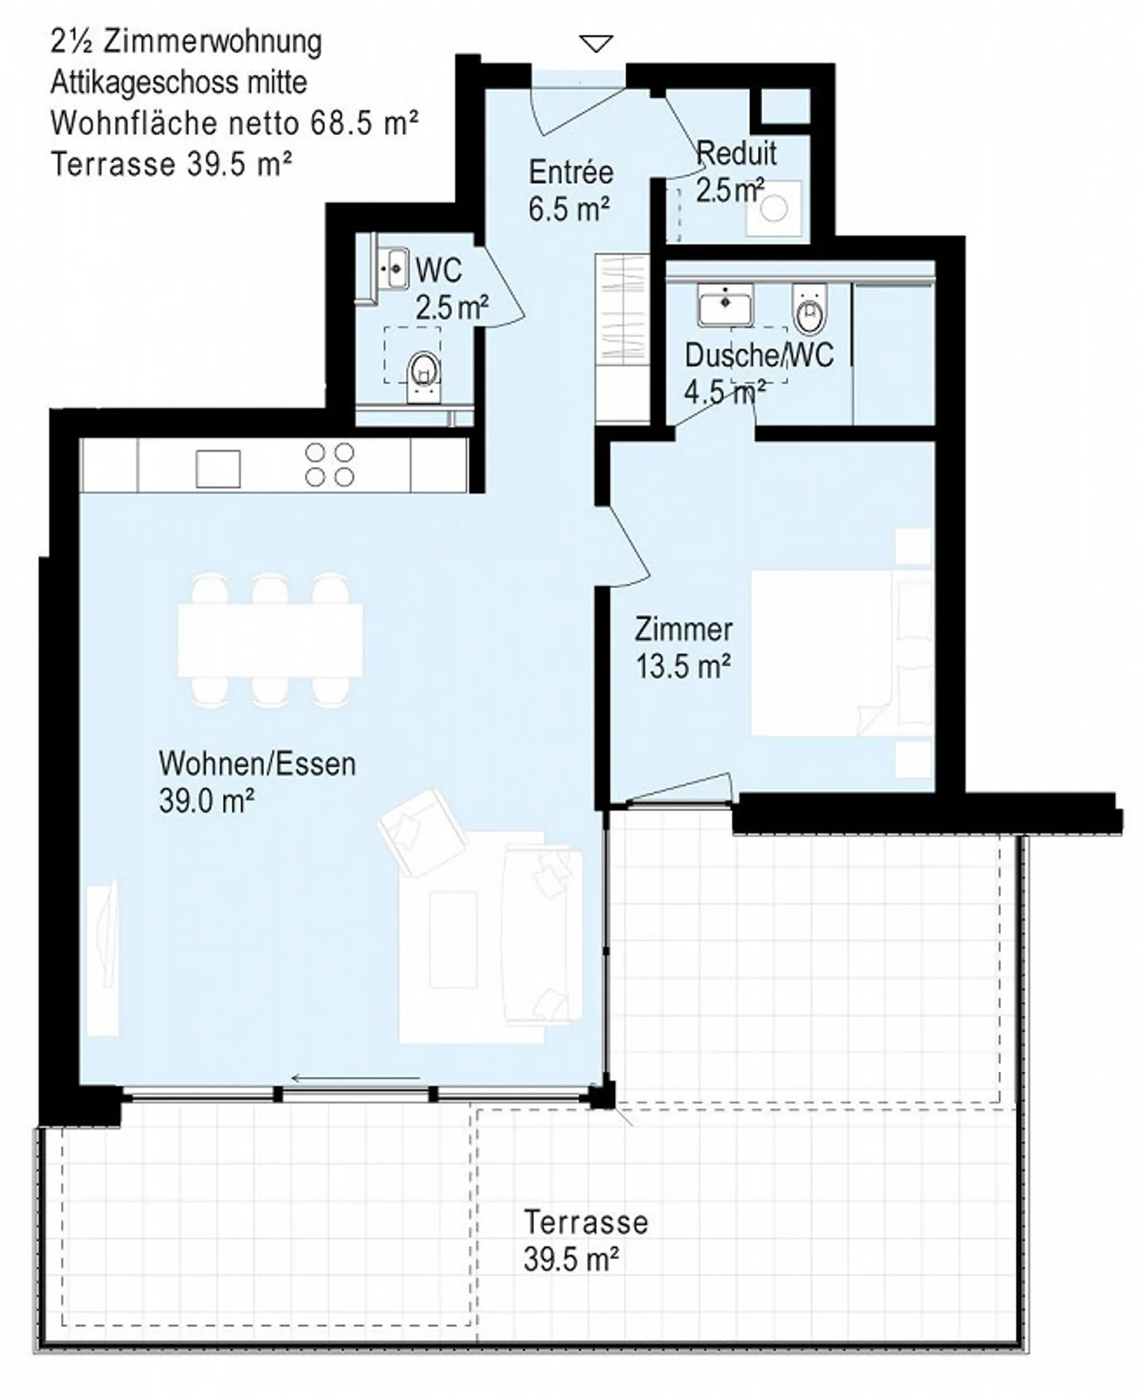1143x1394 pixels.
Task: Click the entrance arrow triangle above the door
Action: [596, 44]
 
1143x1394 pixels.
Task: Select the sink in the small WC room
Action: [392, 269]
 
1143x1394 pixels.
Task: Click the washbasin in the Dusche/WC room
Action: [725, 305]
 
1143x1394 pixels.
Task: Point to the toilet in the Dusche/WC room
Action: [809, 309]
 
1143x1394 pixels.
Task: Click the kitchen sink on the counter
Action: [218, 468]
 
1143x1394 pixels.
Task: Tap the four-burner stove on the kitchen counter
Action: [329, 464]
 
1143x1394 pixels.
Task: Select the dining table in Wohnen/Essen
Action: [270, 640]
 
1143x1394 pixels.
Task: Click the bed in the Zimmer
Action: [841, 653]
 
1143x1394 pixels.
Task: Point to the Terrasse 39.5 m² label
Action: [586, 1241]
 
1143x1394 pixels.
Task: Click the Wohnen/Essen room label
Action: [257, 782]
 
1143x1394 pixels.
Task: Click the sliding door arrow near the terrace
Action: [356, 1078]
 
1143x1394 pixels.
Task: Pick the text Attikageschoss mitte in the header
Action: [179, 83]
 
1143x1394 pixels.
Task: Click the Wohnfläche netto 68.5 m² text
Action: [235, 123]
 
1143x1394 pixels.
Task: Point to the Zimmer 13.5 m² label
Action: [683, 648]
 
